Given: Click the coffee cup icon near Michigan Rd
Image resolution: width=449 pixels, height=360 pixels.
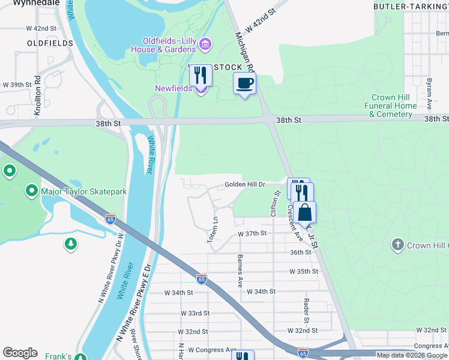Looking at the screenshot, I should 244,83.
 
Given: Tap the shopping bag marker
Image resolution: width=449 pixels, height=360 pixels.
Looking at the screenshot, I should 304,212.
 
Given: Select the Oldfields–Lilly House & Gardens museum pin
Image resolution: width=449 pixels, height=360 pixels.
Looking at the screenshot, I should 205,44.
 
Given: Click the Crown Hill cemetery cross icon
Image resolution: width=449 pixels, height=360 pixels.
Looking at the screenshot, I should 397,245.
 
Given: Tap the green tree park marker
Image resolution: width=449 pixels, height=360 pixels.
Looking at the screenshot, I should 71,244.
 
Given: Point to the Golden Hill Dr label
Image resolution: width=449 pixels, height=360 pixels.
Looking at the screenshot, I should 245,184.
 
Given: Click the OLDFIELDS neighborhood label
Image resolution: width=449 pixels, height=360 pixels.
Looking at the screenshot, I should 50,43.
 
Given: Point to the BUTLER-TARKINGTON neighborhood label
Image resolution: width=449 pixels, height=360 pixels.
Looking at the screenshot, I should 411,6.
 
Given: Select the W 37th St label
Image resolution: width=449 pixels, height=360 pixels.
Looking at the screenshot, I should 252,233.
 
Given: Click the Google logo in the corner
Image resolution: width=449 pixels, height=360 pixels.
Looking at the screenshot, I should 20,353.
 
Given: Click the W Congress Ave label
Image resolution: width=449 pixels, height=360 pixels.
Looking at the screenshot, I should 212,350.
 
